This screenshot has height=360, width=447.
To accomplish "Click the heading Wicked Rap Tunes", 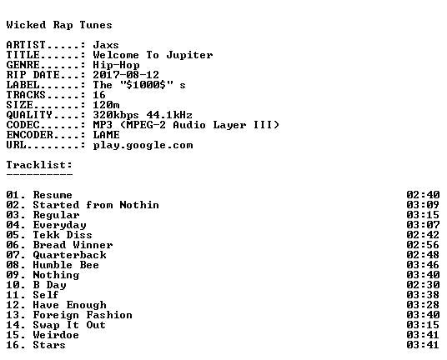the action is click(x=59, y=25).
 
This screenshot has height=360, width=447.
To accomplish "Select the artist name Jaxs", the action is click(x=106, y=45).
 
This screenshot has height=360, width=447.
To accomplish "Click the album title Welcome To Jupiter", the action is click(x=153, y=55).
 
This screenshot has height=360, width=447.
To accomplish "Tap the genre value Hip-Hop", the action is click(x=116, y=66).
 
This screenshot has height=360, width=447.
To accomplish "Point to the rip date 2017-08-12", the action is click(x=126, y=75).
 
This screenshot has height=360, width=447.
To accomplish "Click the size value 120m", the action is click(x=106, y=105).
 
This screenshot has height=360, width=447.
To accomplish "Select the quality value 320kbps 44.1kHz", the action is click(x=143, y=115).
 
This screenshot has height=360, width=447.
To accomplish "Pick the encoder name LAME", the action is click(x=107, y=135).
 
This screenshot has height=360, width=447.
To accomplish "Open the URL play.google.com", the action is click(x=143, y=145).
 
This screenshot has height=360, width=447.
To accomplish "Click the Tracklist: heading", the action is click(x=39, y=165).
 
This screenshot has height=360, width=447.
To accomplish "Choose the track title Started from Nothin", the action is click(x=96, y=205).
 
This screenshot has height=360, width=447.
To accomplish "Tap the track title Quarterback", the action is click(x=69, y=255).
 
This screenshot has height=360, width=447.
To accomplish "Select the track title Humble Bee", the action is click(x=66, y=265).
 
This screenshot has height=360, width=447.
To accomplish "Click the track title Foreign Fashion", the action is click(x=83, y=315).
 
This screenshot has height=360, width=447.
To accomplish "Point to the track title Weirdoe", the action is click(x=56, y=335).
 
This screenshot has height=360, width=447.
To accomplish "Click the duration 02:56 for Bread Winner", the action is click(x=423, y=245).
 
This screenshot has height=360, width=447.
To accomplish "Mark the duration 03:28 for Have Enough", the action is click(x=423, y=305).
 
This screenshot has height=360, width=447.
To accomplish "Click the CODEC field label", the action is click(x=23, y=125).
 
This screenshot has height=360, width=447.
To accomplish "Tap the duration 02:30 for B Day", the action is click(x=423, y=285).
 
